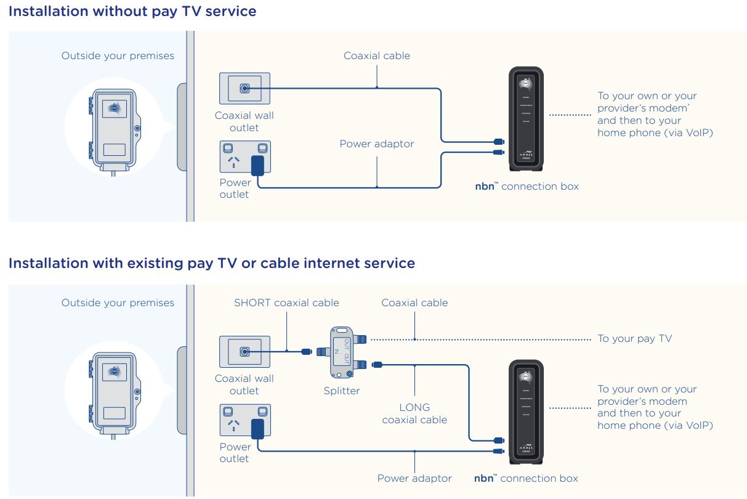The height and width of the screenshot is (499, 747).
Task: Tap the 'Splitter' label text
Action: click(x=342, y=391)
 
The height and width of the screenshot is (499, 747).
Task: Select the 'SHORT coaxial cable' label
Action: click(x=286, y=302)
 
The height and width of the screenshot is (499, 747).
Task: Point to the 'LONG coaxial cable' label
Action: click(x=414, y=413)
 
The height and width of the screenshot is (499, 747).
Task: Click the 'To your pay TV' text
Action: click(x=635, y=338)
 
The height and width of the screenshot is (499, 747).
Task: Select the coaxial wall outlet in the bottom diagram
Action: click(x=244, y=352)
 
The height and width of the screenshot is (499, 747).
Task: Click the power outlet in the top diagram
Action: click(x=245, y=157)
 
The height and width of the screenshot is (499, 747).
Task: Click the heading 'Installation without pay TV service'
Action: click(x=132, y=11)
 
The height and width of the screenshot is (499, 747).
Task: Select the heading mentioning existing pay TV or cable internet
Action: click(x=212, y=263)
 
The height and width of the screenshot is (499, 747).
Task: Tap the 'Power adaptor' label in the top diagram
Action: click(x=377, y=144)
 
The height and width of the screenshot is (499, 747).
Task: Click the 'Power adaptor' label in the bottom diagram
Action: click(x=414, y=478)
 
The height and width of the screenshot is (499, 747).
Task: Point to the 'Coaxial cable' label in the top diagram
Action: click(x=377, y=55)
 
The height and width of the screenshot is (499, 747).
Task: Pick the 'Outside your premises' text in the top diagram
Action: click(x=118, y=55)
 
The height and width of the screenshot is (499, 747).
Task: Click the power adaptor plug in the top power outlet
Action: click(x=259, y=165)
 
